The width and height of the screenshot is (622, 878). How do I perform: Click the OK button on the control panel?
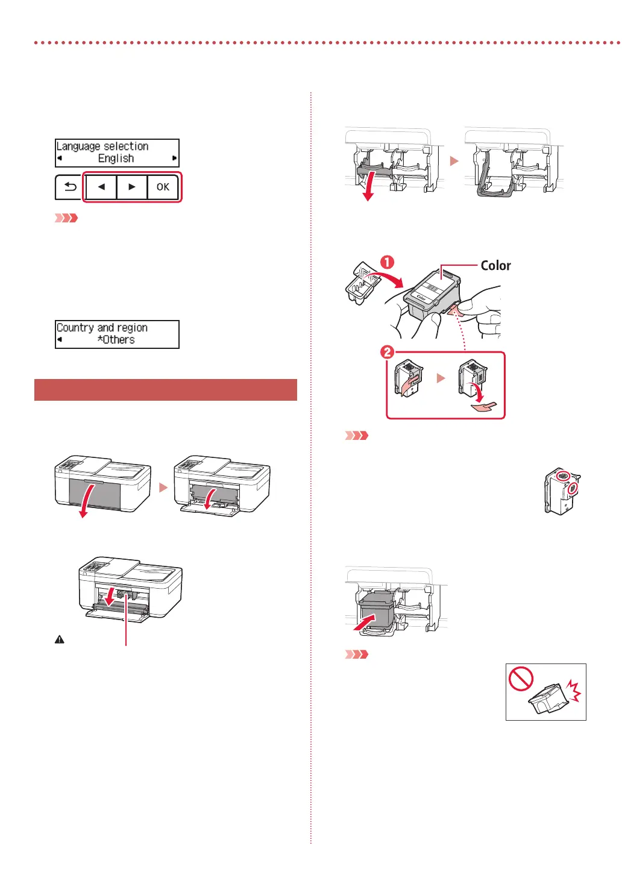coord(163,187)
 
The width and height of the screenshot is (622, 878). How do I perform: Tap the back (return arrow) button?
coord(70,187)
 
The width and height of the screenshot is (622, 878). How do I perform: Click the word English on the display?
coord(116,158)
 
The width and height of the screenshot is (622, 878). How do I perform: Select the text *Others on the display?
coord(116,340)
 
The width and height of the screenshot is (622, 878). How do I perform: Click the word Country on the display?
coord(75,328)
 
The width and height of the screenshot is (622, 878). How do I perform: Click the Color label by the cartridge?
coord(495,266)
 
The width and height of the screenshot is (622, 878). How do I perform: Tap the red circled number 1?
coord(387,262)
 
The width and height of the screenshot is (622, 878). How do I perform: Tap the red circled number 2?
coord(387,351)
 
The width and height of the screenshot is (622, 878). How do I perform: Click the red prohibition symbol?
coord(521,679)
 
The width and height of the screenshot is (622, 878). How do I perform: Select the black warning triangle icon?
coord(60,640)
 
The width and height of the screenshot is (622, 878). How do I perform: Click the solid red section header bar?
coord(166,390)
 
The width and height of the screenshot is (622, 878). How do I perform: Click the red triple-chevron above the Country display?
coord(66,218)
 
